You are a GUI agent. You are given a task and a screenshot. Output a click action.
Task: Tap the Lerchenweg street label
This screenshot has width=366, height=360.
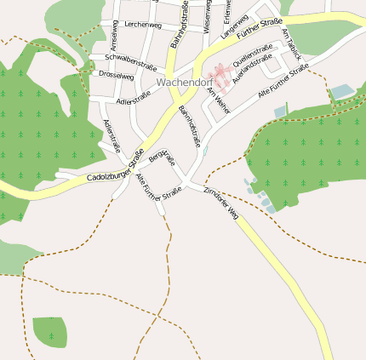click(142, 26)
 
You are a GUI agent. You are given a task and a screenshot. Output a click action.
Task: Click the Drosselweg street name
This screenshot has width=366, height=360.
click(117, 76)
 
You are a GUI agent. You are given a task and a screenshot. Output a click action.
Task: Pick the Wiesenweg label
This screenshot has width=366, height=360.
click(207, 17)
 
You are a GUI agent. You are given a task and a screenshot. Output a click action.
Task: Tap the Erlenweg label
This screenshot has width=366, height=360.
click(227, 10)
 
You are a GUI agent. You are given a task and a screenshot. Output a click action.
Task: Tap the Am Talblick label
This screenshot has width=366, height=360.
click(291, 43)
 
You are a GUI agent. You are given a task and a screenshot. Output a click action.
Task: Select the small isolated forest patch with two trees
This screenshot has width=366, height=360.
click(49, 331)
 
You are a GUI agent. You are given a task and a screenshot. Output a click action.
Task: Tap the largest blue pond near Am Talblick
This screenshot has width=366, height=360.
click(341, 91)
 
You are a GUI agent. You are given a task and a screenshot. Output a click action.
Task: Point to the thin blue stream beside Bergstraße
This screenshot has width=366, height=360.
click(205, 151)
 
